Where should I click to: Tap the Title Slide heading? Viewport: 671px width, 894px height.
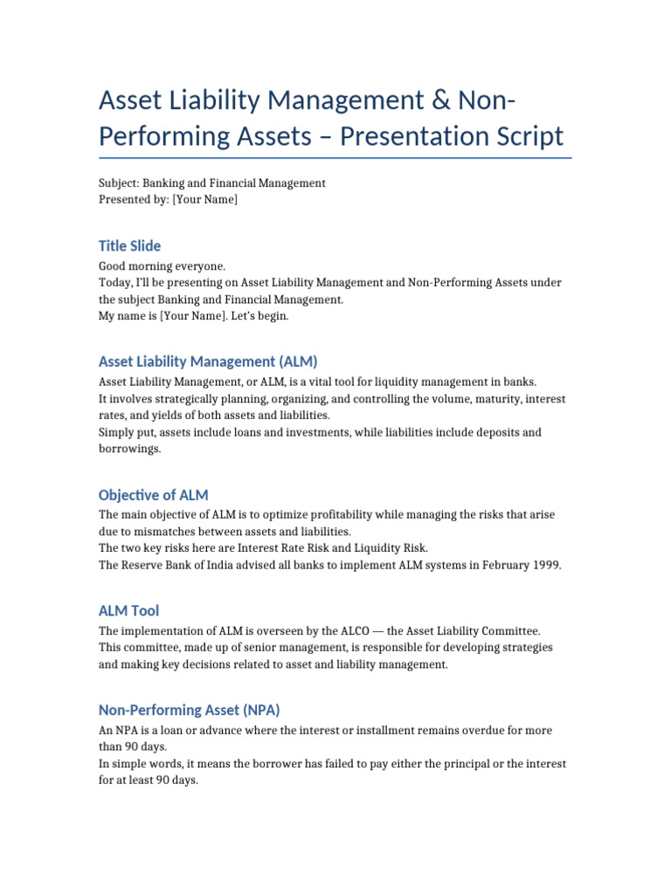click(x=129, y=245)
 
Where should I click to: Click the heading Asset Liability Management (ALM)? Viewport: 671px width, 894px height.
click(x=208, y=361)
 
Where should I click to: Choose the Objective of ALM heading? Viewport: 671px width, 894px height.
click(x=153, y=494)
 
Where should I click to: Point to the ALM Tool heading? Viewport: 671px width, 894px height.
click(x=128, y=610)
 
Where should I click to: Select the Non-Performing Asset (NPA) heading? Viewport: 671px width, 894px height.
click(x=189, y=710)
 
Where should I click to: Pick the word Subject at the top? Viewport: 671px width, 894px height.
click(x=117, y=183)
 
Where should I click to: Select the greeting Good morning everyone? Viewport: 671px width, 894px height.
click(x=162, y=265)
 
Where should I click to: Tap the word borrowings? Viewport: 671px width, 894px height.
click(x=130, y=449)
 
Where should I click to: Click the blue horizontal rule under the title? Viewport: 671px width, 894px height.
click(x=335, y=158)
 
